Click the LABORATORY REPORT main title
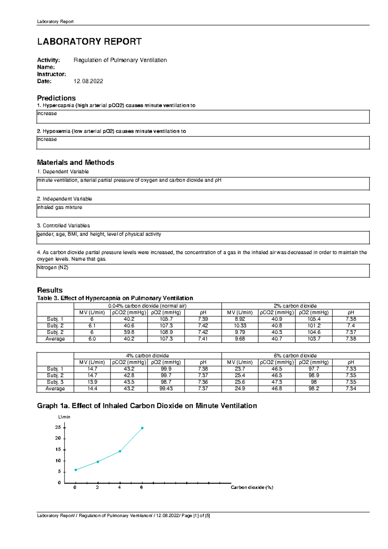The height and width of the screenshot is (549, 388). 89,41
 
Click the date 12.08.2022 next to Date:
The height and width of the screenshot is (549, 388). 88,81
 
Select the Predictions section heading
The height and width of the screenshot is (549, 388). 56,98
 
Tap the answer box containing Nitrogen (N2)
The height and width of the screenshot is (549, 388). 203,271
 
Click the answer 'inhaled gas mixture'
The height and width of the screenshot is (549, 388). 60,207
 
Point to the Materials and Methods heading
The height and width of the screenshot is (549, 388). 75,162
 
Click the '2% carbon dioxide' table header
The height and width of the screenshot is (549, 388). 295,306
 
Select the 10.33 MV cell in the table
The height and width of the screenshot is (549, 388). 240,326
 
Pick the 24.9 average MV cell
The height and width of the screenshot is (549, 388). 240,388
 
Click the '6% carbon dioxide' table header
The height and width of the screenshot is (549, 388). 295,355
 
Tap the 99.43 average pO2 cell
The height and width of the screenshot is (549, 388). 166,388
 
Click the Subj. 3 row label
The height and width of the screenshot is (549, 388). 55,382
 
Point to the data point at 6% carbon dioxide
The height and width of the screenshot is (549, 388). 142,428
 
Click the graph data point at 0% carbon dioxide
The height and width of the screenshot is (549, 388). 76,470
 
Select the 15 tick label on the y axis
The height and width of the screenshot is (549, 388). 58,449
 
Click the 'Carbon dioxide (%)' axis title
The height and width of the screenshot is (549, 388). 252,487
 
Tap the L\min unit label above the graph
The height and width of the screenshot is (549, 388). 64,417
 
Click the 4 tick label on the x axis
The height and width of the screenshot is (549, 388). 120,487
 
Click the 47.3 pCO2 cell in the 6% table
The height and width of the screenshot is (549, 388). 277,382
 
